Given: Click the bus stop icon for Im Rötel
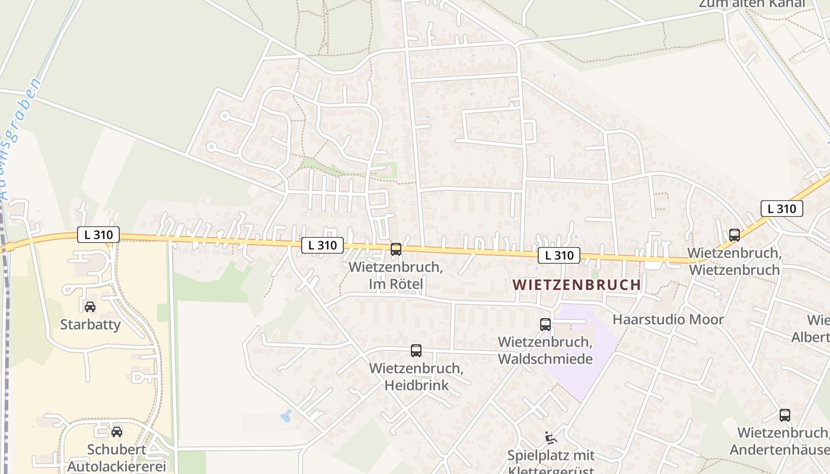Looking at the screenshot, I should pos(396,249).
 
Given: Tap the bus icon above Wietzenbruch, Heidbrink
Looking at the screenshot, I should pos(416,351).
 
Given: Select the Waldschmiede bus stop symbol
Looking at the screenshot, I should pos(545,325).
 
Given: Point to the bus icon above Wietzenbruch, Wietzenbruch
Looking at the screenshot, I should pos(735,235).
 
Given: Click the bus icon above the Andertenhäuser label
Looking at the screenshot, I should pos(785,415).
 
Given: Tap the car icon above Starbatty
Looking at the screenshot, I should pos(90,307).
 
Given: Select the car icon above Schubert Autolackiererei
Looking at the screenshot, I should pos(117,432).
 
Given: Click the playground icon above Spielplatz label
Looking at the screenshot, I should pos(551,438).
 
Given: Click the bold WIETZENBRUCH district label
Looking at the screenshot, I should pos(577,285).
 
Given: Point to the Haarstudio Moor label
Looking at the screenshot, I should pos(668,320).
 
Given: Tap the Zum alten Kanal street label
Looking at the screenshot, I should pos(752,4).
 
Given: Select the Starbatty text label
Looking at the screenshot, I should pos(90,325).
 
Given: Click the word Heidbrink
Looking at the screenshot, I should pos(417,386).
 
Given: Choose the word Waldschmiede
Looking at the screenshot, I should pos(545,359).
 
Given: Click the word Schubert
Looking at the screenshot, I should pos(117,450).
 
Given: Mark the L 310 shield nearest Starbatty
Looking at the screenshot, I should pos(98,235).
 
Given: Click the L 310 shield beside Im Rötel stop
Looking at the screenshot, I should pos(323,245).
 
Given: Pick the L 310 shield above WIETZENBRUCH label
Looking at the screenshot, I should pos(559,255).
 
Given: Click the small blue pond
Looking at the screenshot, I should pos(286,415).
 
